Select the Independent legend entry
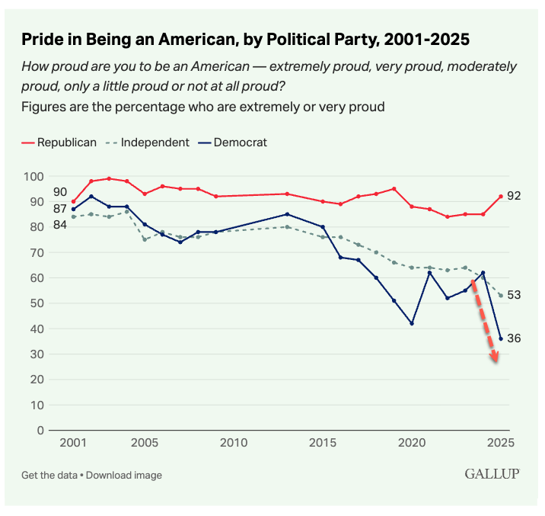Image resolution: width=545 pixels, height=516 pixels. (155, 143)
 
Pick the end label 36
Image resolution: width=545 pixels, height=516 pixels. (514, 338)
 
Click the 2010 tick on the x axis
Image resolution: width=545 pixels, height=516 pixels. (234, 443)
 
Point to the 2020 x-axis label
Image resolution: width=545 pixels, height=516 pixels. (412, 443)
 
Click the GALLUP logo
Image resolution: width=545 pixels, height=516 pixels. (492, 473)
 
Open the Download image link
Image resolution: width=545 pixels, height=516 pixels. (124, 475)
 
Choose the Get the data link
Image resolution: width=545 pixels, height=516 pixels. (49, 475)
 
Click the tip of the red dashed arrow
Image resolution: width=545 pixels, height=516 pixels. (496, 361)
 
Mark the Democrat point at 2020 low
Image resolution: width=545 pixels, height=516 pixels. (412, 323)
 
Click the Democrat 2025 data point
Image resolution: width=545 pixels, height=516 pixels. (500, 338)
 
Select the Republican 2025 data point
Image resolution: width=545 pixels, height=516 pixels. (500, 196)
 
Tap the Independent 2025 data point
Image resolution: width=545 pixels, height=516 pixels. (500, 295)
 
